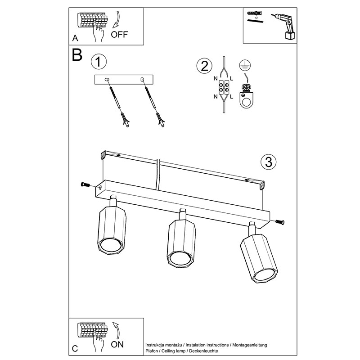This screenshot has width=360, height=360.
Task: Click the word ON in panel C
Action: point(117,346)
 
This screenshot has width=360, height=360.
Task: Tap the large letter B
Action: point(77,55)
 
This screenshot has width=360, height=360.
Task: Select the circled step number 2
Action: point(204,66)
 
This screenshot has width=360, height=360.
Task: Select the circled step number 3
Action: point(268,162)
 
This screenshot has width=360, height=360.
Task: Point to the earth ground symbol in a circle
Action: point(244,64)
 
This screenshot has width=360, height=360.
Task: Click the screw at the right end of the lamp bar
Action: point(279,221)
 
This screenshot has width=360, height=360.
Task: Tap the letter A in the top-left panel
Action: point(75,37)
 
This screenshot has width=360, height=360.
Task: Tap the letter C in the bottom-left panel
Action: point(75,349)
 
